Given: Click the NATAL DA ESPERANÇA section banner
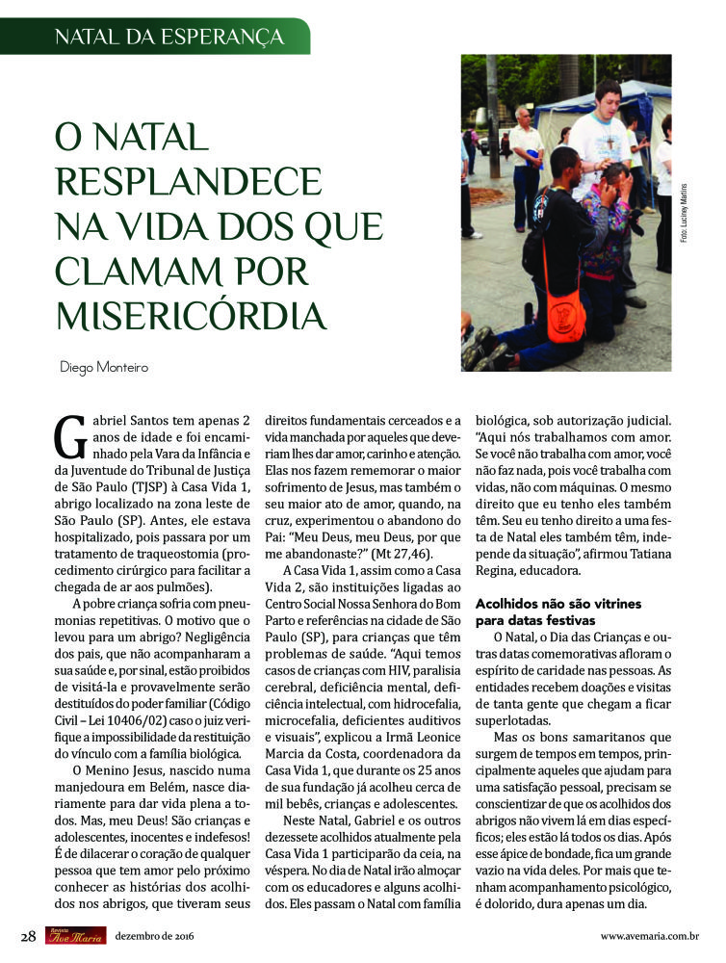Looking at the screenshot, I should (x=169, y=38).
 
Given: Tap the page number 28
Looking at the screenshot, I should (x=29, y=935).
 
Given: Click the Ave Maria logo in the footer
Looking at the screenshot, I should (x=75, y=935).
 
